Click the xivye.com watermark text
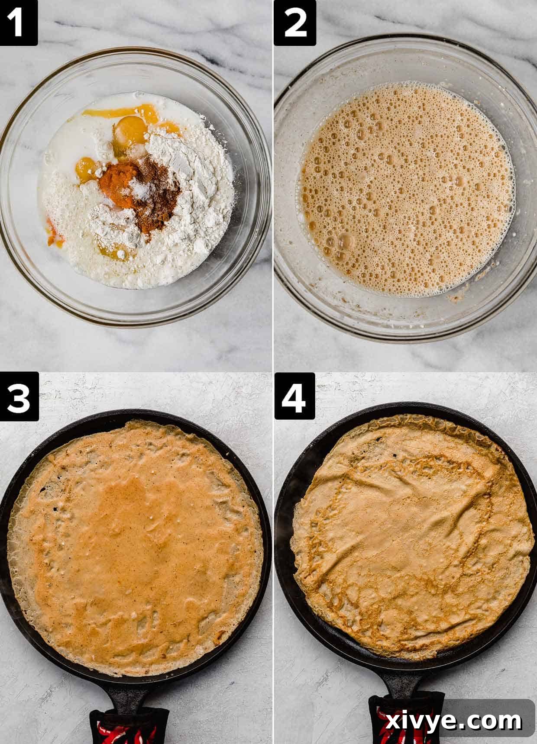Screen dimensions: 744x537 [453, 721]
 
